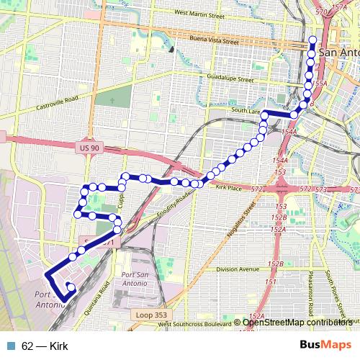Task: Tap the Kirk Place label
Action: (x=230, y=189)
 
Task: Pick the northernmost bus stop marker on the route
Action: (x=312, y=40)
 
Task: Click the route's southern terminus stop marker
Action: (x=71, y=288)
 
